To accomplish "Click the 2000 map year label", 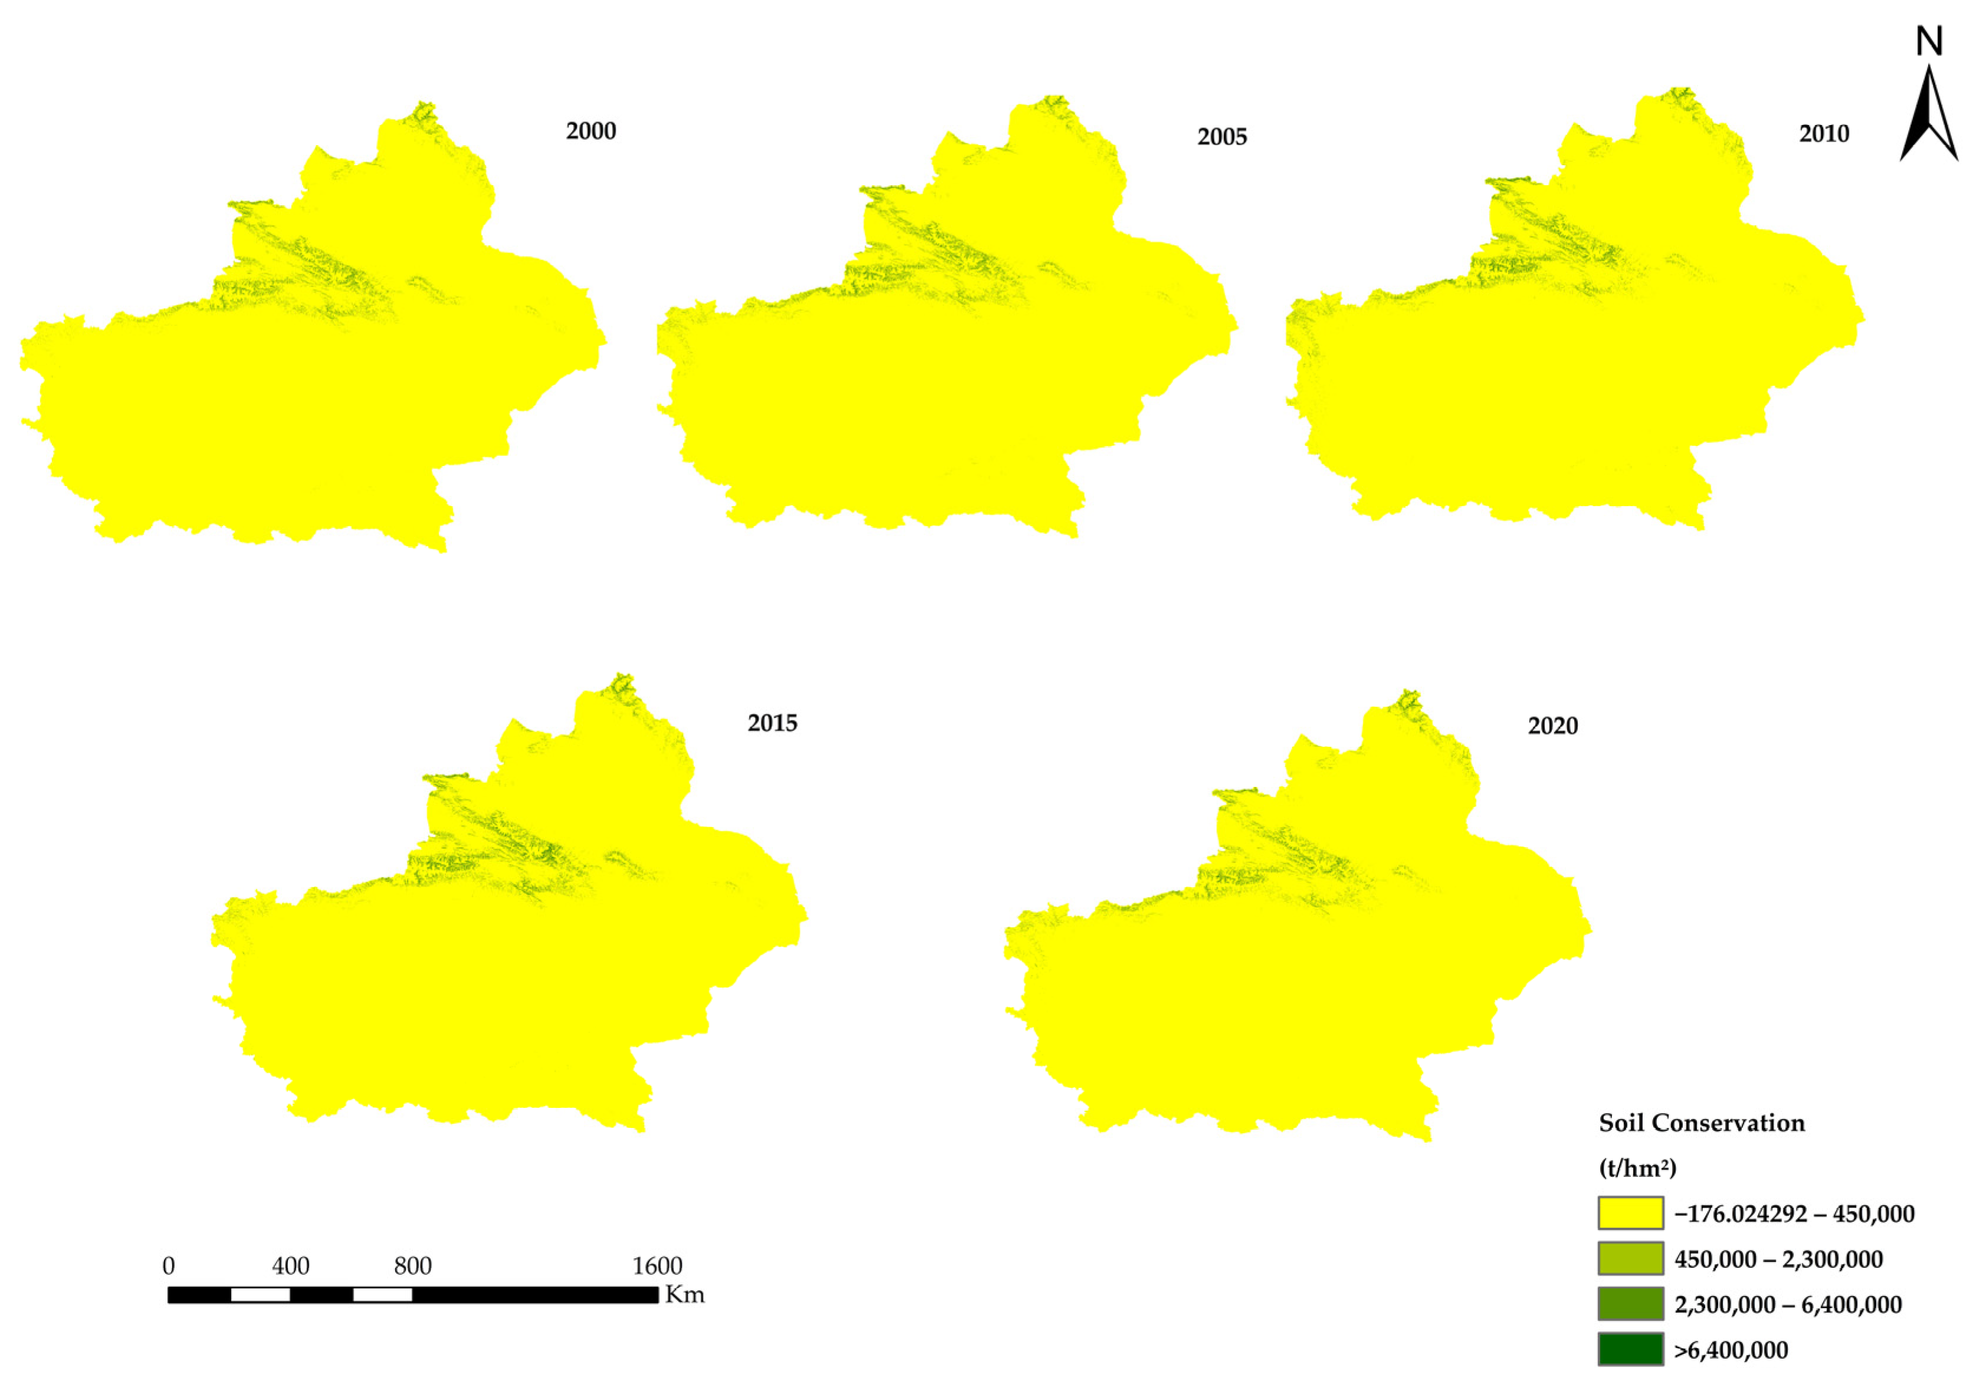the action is tap(591, 131).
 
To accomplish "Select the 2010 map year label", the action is tap(1823, 134).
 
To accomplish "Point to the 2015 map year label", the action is tap(772, 723).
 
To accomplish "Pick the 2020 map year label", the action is tap(1552, 726).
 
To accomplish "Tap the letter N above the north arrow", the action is tap(1929, 41).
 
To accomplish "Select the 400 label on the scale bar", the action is tap(291, 1266).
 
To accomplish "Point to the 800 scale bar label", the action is tap(412, 1266).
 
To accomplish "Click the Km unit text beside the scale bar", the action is tap(685, 1295).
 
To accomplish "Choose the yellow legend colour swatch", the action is tap(1630, 1212).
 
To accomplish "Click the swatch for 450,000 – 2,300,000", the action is tap(1630, 1258).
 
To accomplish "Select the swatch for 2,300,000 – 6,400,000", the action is tap(1630, 1304).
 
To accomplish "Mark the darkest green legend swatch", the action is tap(1630, 1350).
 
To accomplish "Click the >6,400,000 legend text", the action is tap(1731, 1350).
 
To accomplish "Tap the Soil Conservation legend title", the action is tap(1702, 1123).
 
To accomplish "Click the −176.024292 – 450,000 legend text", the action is tap(1794, 1214).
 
